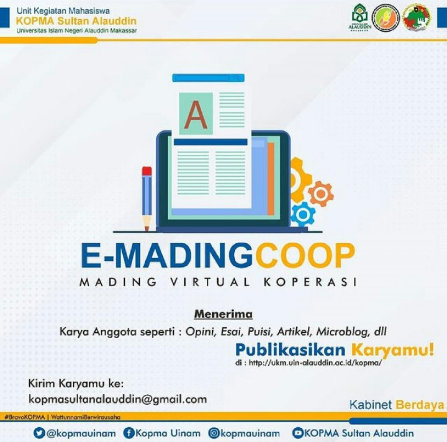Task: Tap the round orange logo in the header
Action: point(386,17)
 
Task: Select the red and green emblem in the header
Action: point(417,18)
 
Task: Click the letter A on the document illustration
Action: point(196,114)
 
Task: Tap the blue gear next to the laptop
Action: point(303,214)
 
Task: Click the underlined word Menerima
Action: point(223,314)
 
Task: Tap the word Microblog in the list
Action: point(342,331)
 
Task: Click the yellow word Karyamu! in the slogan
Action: point(393,349)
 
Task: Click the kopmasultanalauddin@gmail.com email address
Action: point(117,399)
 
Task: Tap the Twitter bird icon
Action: point(39,433)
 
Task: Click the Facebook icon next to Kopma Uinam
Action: point(129,433)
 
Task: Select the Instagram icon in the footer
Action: point(214,433)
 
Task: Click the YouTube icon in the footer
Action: point(298,433)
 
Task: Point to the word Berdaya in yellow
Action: point(420,405)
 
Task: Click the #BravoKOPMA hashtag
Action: point(25,417)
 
